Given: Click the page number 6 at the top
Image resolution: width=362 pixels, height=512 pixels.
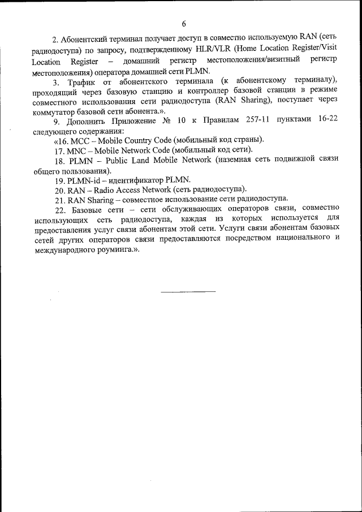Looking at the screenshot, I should [184, 23].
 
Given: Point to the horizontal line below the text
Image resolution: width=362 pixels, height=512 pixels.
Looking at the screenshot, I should [188, 291].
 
